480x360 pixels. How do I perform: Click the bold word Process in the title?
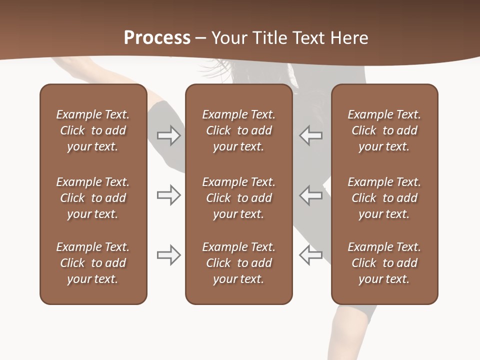tap(157, 38)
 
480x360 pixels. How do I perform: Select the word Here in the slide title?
tap(349, 38)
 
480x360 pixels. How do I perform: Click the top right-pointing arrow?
tap(168, 135)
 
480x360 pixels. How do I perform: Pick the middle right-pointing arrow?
tap(168, 195)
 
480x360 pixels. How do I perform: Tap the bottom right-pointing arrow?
tap(168, 255)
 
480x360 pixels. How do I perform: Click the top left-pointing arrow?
tap(311, 135)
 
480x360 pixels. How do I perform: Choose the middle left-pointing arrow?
tap(311, 195)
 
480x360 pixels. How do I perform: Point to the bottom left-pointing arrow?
tap(311, 255)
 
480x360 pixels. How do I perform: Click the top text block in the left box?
tap(93, 130)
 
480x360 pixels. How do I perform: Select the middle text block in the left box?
tap(93, 198)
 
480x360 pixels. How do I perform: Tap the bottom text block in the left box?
tap(93, 263)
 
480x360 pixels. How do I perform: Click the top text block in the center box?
tap(238, 130)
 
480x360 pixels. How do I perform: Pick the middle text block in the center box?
tap(238, 198)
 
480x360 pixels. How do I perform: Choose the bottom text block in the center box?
tap(238, 263)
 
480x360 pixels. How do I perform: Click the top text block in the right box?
tap(384, 130)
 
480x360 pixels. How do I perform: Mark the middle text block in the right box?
tap(384, 198)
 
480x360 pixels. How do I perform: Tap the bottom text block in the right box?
tap(384, 263)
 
